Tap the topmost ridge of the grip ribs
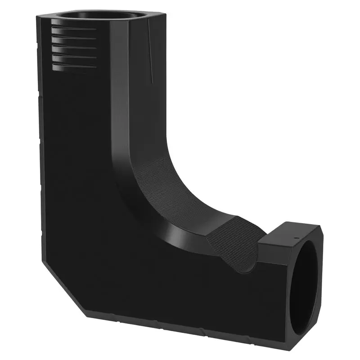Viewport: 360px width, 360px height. [74, 28]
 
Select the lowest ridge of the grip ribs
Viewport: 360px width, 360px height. [74, 67]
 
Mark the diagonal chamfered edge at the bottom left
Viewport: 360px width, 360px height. [63, 288]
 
